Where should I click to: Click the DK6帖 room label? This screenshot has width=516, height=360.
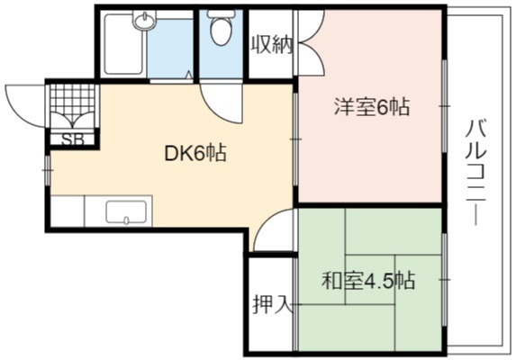coord(195,153)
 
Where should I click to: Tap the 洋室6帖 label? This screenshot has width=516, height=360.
coord(372,107)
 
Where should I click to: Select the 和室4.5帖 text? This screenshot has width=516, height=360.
coord(368,281)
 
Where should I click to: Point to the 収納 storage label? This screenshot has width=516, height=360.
coord(272,45)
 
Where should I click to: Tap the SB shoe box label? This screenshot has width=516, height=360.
coord(73,139)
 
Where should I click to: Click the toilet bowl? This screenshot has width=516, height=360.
coord(221,28)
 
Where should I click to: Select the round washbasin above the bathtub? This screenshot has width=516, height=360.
coord(144,21)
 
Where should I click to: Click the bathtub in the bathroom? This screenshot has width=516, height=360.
coord(123,44)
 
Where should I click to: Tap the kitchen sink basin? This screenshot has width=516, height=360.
coord(126,212)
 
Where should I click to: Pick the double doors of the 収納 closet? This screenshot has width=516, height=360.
coord(311,42)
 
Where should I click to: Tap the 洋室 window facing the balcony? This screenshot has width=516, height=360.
coord(444,106)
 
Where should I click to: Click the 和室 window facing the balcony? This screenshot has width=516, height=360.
coord(444,280)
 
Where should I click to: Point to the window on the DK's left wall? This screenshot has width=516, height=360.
coord(48,170)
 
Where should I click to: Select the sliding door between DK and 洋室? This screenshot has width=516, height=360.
coord(295,139)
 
